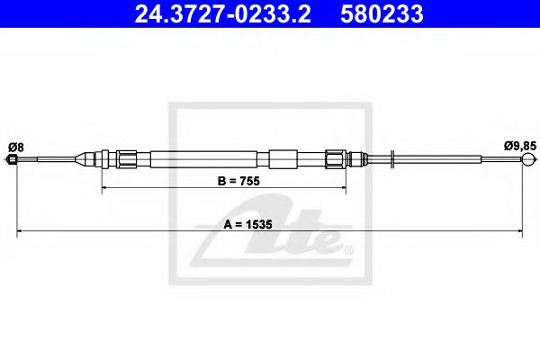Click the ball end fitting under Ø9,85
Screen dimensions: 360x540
point(526,161)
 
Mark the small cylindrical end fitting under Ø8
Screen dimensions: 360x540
point(13,161)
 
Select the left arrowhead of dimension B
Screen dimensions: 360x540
point(105,189)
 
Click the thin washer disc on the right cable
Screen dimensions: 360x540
point(393,160)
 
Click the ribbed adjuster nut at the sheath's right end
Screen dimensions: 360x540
point(336,159)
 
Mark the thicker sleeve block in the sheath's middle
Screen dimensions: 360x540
point(282,159)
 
